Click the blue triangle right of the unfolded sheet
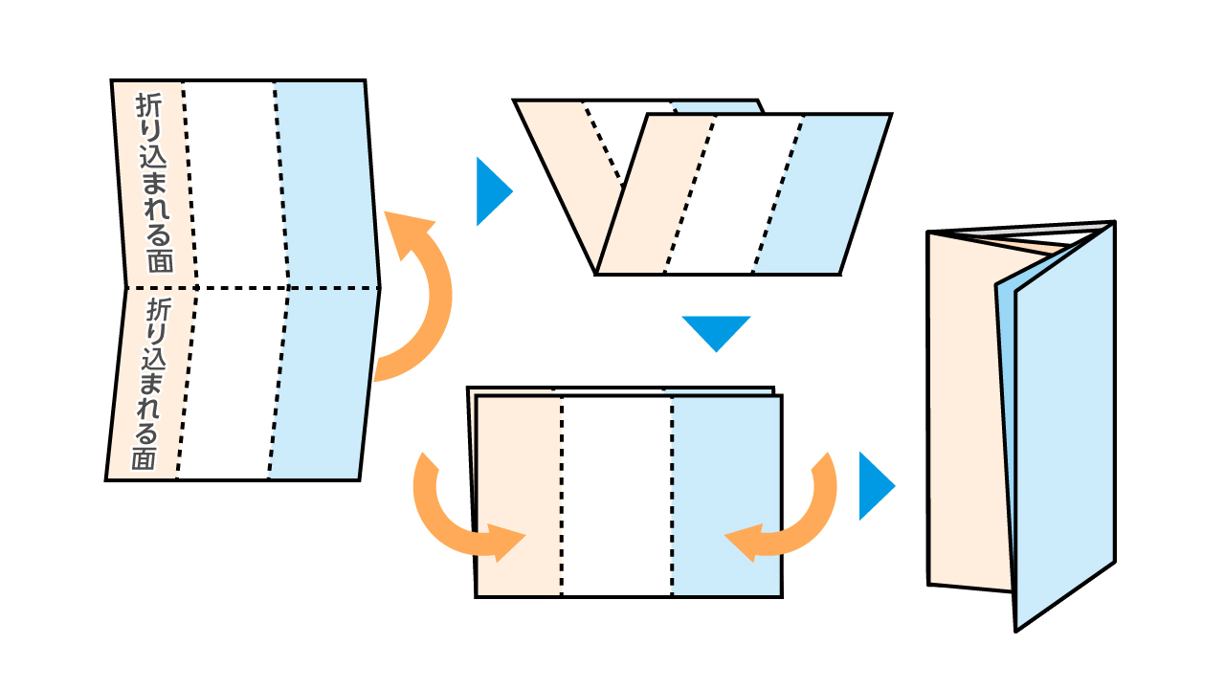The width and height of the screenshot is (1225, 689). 491,191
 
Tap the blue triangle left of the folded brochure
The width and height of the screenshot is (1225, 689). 873,486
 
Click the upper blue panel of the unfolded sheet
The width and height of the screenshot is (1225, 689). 325,182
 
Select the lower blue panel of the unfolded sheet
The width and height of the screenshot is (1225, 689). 321,383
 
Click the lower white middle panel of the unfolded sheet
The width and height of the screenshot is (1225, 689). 230,383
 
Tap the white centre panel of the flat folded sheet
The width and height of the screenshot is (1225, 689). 616,496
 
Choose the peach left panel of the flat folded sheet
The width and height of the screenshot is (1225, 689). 518,496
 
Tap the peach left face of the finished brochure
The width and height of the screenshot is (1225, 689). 962,411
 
